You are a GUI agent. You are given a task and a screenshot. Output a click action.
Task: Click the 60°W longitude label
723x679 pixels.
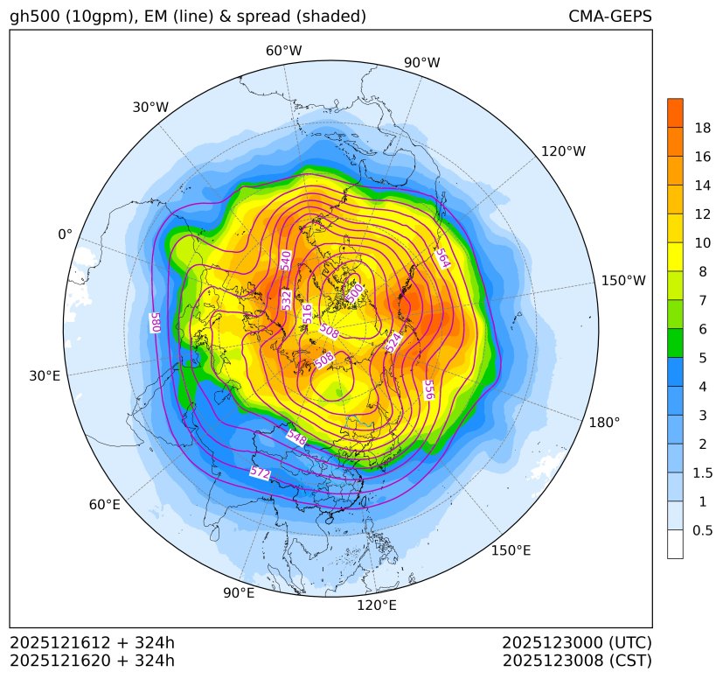point(283,51)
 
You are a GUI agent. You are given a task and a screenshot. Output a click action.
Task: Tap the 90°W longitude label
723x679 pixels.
point(421,62)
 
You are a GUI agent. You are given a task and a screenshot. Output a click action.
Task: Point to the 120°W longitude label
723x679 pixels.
point(563,151)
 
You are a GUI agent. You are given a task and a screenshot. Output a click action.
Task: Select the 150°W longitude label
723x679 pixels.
point(623,281)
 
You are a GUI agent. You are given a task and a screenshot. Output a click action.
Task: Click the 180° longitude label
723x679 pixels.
point(604,422)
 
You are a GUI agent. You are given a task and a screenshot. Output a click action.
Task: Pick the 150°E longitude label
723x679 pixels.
point(511,550)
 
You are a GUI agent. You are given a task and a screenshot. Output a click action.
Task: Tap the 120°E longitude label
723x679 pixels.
point(377,605)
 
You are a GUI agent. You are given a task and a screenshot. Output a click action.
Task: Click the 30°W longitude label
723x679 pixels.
point(150,107)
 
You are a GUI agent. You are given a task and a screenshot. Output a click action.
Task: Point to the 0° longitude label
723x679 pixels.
point(65,234)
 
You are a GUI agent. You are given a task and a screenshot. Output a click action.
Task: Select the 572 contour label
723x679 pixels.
point(260,472)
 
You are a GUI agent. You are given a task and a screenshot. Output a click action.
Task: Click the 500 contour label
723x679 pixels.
point(354,292)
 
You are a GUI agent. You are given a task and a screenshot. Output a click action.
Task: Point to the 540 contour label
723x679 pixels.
point(286,260)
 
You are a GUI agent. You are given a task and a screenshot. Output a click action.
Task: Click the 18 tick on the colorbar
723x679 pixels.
point(703,128)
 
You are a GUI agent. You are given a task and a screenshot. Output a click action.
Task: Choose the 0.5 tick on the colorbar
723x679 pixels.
point(703,529)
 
